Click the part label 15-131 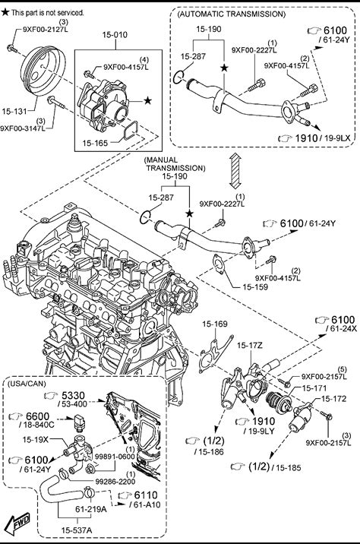point(14,112)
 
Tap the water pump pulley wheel point(43,72)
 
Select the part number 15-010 point(115,35)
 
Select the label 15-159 point(255,287)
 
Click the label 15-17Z point(250,345)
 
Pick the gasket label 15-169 point(215,324)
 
